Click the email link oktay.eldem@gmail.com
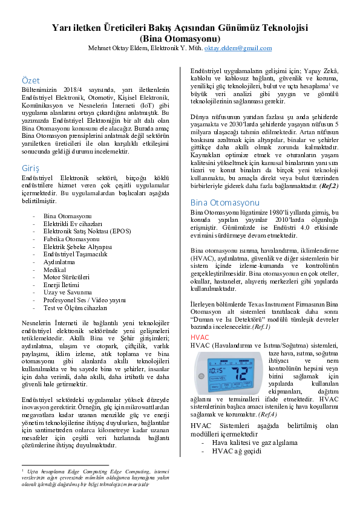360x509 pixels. click(238, 48)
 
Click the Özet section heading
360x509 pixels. click(30, 80)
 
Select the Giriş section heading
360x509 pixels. click(30, 169)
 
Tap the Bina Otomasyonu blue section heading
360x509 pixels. click(225, 203)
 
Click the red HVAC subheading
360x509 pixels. click(200, 337)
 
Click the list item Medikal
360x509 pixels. click(54, 270)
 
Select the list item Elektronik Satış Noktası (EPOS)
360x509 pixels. click(87, 231)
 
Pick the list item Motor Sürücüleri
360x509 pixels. click(67, 277)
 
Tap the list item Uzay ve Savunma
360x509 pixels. click(68, 293)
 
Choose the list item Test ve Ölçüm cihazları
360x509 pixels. click(75, 308)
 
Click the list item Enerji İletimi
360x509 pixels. click(61, 285)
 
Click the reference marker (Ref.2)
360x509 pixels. click(329, 186)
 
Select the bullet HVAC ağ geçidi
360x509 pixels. click(237, 451)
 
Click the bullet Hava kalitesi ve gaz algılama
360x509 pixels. click(255, 443)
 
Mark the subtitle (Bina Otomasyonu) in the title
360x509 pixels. click(180, 39)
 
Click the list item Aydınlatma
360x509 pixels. click(59, 262)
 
